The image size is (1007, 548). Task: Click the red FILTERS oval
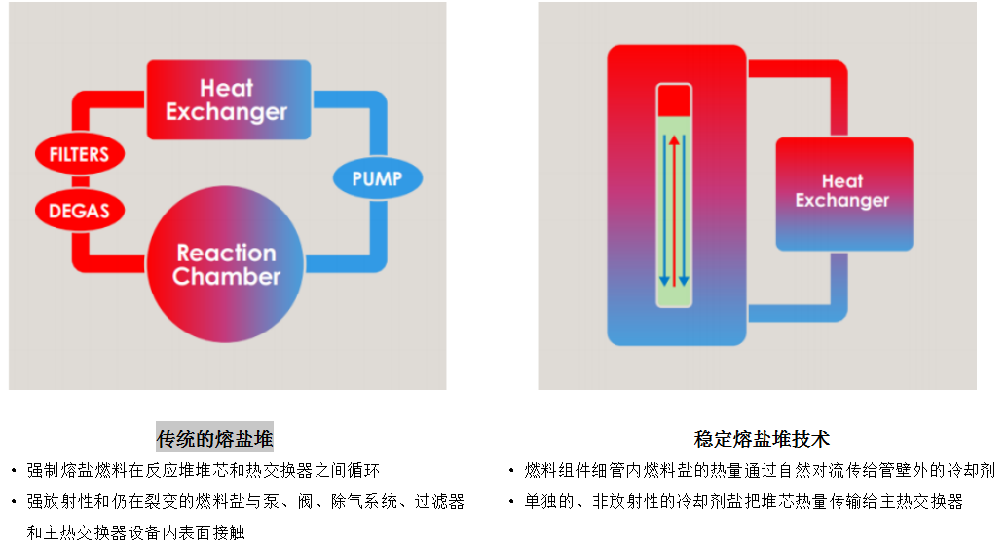coord(79,154)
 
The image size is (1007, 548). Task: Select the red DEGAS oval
coord(79,211)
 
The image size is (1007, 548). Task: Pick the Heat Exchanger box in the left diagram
coord(228,100)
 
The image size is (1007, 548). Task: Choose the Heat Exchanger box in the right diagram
coord(843,192)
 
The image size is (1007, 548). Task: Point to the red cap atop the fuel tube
coord(674,101)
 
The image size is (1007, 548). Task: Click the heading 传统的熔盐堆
coord(215,438)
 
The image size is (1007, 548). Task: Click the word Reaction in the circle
coord(226,254)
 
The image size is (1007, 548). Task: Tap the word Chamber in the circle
coord(226,277)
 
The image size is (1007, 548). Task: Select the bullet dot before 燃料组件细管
coord(512,471)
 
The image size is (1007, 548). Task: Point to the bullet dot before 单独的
coord(512,502)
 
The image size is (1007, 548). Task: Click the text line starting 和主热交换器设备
coord(136,533)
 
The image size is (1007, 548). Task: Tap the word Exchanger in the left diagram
coord(226,112)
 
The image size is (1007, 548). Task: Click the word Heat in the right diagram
coord(842,181)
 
